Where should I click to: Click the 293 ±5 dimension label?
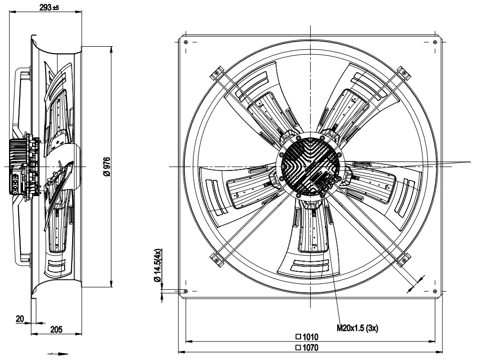(x=49, y=8)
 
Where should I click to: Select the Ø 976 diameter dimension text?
(x=107, y=167)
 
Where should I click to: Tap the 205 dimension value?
(x=56, y=329)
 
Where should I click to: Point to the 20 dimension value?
(x=20, y=318)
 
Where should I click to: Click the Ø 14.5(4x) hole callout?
(x=158, y=265)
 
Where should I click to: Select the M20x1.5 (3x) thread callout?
(x=357, y=328)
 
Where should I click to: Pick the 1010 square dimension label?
(x=307, y=336)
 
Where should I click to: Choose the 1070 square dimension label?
(x=307, y=347)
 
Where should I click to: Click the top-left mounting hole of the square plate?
(x=185, y=42)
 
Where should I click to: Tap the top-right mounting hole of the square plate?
(x=435, y=42)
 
